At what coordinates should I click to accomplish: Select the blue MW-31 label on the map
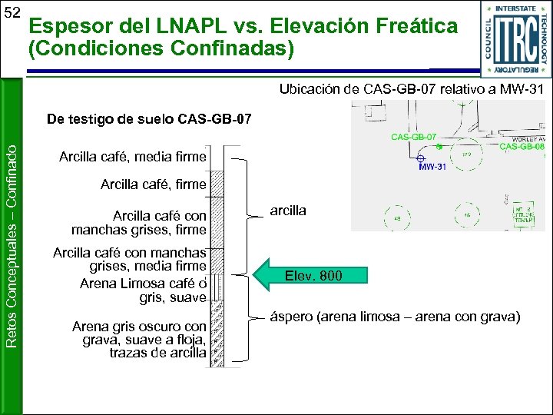point(432,168)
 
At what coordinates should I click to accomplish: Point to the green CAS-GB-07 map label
point(414,136)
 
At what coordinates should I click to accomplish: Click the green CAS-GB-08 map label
point(522,147)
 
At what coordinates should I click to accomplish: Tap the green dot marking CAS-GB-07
point(439,145)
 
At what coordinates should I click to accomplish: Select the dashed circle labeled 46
point(467,215)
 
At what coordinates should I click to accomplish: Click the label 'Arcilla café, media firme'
point(132,158)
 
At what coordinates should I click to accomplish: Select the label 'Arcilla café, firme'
point(153,184)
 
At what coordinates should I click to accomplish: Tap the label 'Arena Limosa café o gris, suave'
point(143,290)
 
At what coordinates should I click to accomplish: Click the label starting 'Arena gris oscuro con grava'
point(139,340)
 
